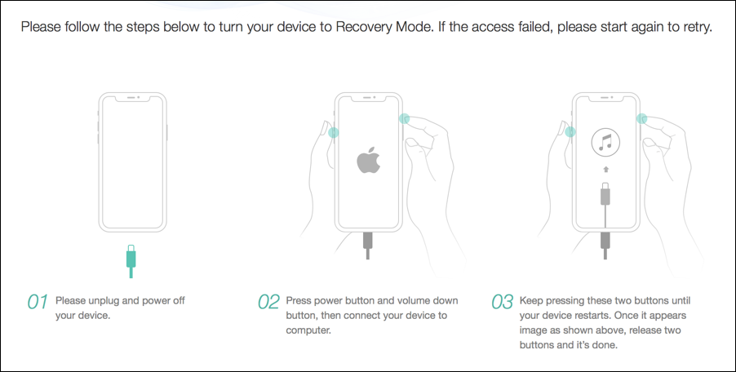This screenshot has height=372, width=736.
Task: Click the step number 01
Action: (38, 302)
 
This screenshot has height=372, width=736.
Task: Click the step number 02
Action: (268, 302)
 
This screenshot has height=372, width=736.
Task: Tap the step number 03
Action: (502, 302)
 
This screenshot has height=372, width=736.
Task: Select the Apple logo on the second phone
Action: (369, 161)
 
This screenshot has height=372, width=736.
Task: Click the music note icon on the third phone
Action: (605, 145)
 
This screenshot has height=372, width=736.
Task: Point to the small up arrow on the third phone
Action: (605, 170)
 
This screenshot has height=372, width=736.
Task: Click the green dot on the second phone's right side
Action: (403, 118)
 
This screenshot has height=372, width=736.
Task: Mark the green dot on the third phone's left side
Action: (570, 132)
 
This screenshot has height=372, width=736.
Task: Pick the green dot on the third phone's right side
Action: (642, 118)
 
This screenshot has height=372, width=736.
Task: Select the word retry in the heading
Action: (692, 26)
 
